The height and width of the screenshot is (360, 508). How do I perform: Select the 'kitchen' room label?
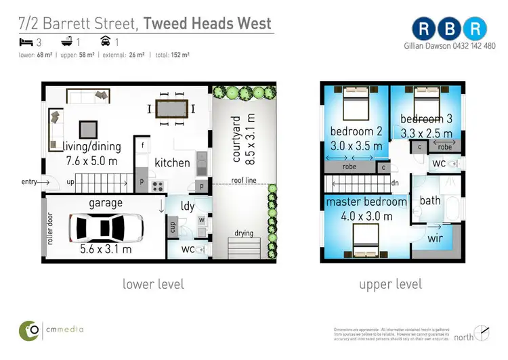[172, 162]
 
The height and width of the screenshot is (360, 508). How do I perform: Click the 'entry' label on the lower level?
[30, 181]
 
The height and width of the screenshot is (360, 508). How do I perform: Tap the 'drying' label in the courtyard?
[244, 233]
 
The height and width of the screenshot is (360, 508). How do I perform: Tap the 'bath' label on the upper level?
[430, 200]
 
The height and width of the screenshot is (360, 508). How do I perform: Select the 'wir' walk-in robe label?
[436, 238]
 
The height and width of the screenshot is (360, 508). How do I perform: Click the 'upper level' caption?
[390, 284]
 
